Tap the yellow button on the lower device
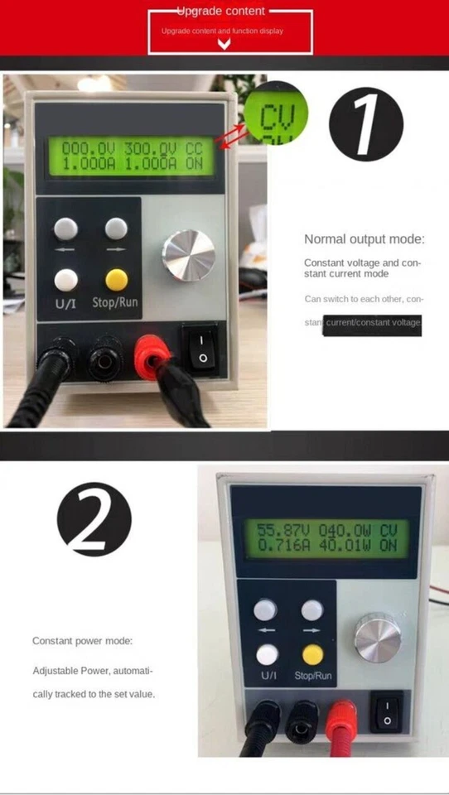pos(311,655)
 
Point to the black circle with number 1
pos(365,125)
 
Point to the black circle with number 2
pos(94,519)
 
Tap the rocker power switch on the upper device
pos(203,348)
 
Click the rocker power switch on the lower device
pos(387,712)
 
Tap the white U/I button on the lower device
pos(267,655)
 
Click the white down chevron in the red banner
pos(224,44)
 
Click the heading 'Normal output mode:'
pos(364,239)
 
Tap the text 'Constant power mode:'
pos(82,641)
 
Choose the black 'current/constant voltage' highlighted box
pos(373,322)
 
